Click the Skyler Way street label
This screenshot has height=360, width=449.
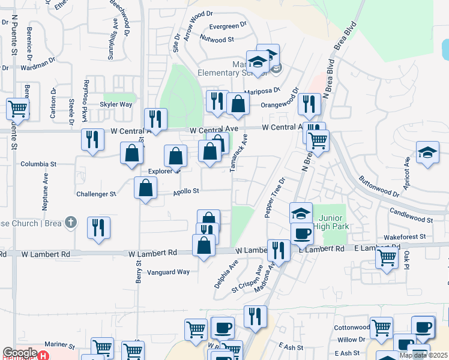(x=116, y=104)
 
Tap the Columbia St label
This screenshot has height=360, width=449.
(x=38, y=163)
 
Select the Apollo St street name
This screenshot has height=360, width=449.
(x=186, y=191)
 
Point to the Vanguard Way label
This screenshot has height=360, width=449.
(x=169, y=272)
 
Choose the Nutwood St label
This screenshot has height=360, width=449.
(x=217, y=39)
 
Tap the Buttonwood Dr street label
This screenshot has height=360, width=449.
(x=379, y=186)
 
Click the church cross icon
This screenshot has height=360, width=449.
(x=71, y=223)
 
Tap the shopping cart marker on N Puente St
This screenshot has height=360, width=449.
(x=17, y=109)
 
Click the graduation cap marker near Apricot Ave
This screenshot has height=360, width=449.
(x=428, y=152)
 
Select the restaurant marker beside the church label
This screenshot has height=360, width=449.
(x=98, y=228)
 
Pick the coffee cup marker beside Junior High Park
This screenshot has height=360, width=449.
(x=302, y=233)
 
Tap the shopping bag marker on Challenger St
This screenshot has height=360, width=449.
(x=146, y=188)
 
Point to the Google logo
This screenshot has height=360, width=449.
(x=20, y=353)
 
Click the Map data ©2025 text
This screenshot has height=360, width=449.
(x=423, y=355)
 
